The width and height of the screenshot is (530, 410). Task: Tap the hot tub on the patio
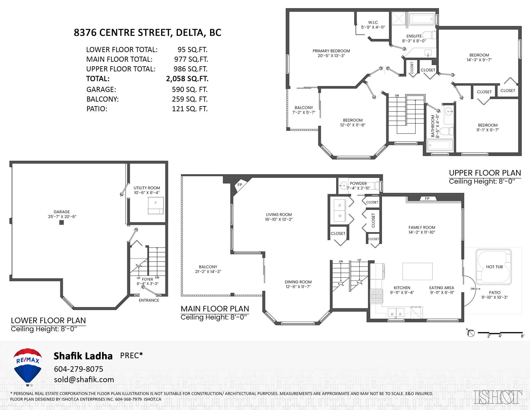494,267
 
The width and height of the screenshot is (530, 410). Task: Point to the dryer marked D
340,206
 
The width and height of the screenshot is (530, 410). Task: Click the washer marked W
340,216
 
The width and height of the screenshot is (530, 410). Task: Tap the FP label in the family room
427,199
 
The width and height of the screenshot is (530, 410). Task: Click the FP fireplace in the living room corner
240,185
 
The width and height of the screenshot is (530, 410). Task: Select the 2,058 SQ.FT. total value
187,79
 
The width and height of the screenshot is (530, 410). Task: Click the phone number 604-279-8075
78,369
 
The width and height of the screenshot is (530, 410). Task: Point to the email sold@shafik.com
84,379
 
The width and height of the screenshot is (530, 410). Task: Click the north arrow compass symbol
471,333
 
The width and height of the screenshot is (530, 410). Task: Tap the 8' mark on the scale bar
522,336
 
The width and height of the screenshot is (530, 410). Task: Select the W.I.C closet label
373,22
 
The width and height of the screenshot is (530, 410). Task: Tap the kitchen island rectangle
417,271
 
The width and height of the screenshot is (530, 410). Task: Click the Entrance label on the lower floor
149,300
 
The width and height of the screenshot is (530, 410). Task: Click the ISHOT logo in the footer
498,397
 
